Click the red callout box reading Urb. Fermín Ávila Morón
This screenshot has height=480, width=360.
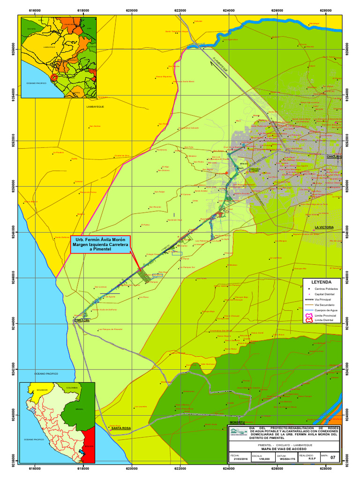pos(100,244)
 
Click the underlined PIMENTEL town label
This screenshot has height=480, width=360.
pos(82,320)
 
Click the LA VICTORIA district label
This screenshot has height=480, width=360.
pos(324,227)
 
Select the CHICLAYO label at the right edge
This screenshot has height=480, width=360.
pos(335,156)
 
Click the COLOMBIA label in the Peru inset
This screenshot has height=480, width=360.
pos(72,388)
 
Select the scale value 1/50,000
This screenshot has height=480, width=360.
pos(258,459)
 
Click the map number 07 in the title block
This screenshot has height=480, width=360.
pos(333,457)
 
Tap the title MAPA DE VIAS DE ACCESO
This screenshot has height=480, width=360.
pos(284,449)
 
